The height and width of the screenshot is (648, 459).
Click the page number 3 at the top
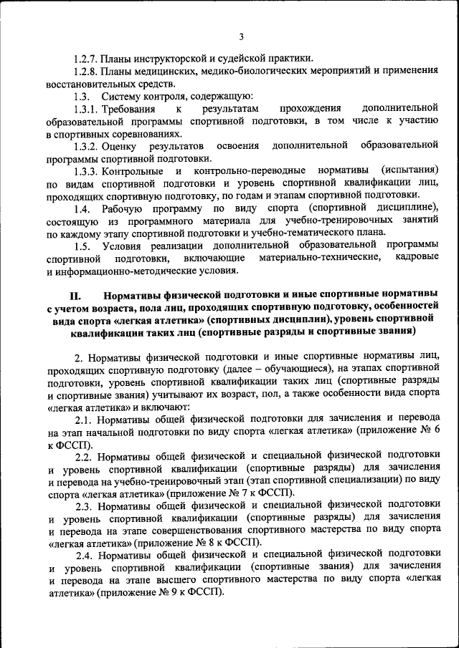point(241,37)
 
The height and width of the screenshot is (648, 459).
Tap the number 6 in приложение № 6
point(435,431)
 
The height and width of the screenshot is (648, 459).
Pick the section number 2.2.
point(82,455)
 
